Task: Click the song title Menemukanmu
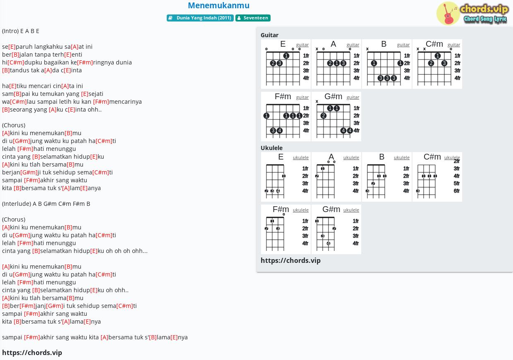(218, 5)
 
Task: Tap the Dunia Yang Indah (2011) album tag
(200, 18)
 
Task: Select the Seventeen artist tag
(253, 18)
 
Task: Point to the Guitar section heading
(269, 35)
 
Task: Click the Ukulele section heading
(271, 148)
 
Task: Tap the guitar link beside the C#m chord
(454, 45)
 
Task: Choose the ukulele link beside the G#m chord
(351, 210)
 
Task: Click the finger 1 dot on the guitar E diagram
(286, 56)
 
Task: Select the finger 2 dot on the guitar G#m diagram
(324, 116)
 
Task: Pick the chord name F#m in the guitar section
(283, 97)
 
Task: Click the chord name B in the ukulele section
(381, 157)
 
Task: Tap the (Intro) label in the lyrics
(10, 31)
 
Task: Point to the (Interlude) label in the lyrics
(17, 204)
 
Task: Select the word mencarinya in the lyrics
(125, 102)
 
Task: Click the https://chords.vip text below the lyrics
(32, 353)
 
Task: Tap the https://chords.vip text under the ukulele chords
(290, 260)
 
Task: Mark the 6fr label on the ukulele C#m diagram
(456, 191)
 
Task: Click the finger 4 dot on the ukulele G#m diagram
(328, 243)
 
